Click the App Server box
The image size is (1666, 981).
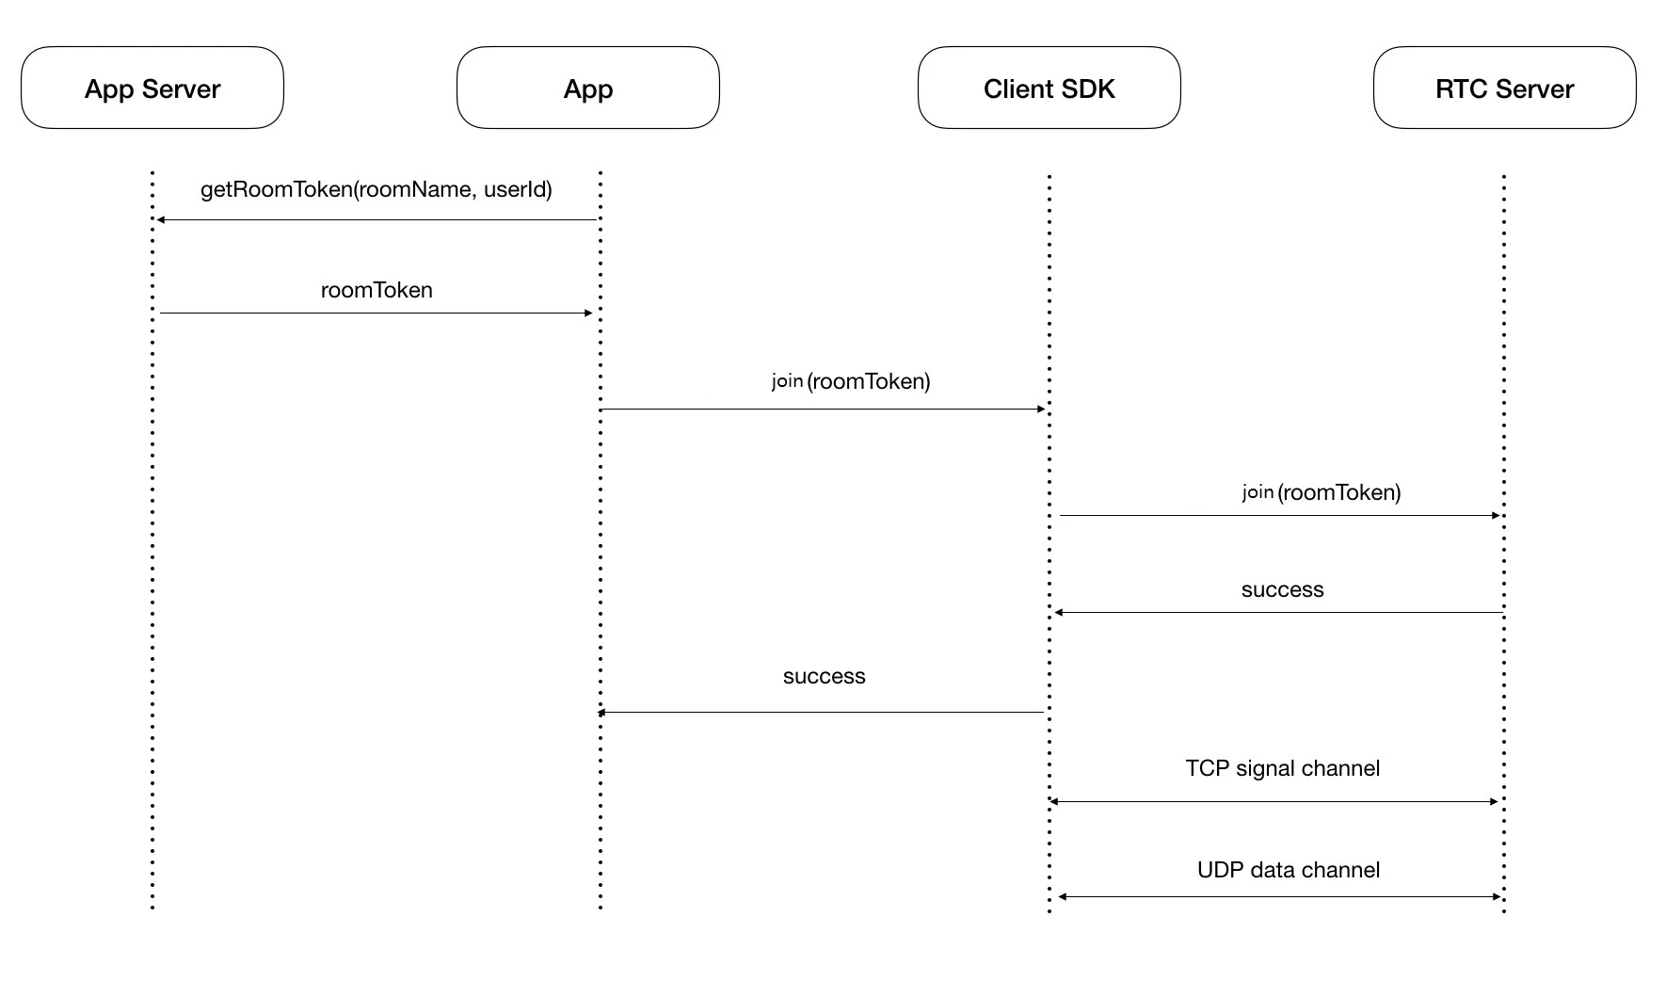[152, 88]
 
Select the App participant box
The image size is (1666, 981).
[588, 88]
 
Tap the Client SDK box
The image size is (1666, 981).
[1049, 88]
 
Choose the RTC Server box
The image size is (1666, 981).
[1505, 88]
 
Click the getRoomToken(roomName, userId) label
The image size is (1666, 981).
[376, 190]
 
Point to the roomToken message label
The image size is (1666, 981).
[376, 290]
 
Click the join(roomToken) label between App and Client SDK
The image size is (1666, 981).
[851, 381]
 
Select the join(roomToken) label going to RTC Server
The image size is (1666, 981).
[1322, 492]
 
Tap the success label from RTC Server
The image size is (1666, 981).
[1282, 590]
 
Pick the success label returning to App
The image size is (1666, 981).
[824, 677]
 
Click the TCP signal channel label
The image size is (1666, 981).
[1283, 768]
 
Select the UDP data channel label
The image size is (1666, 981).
[1289, 870]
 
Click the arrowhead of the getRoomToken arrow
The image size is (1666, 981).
[160, 219]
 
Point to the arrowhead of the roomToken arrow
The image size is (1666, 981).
[589, 313]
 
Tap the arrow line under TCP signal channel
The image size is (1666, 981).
[1274, 801]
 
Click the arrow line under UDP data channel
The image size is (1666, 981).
[1279, 896]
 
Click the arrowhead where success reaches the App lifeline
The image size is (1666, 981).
[602, 713]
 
